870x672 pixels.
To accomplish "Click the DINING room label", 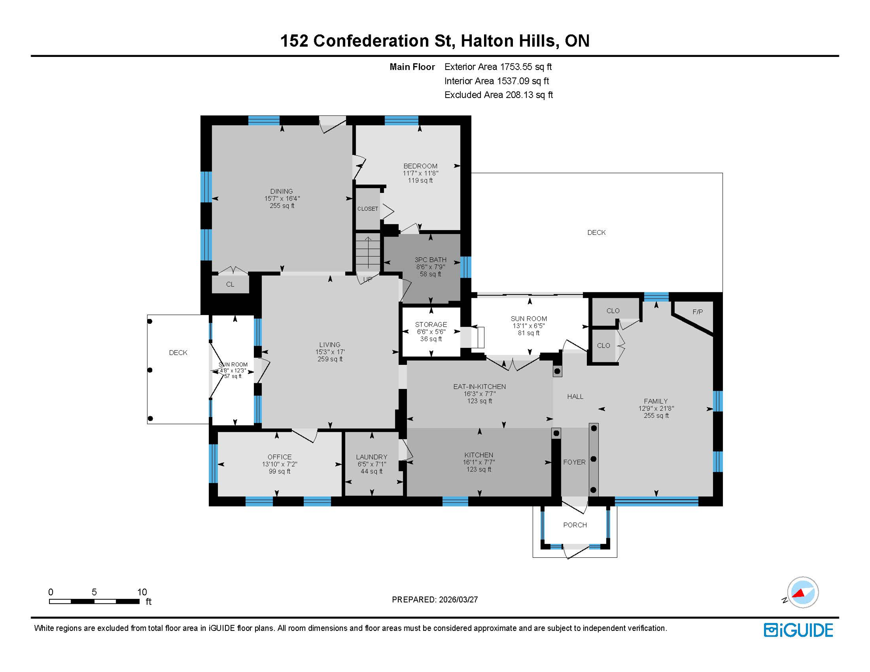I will pos(281,192).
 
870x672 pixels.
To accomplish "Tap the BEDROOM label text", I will pos(420,166).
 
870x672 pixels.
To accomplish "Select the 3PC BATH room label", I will pos(431,260).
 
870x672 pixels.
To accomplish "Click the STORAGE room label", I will pos(431,325).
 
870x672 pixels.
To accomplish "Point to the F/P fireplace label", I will pos(698,312).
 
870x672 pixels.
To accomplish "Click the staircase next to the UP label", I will pos(368,253).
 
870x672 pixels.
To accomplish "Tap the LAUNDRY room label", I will pos(372,457).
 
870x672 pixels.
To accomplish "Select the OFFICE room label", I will pos(280,457).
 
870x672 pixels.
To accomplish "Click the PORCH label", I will pos(575,525).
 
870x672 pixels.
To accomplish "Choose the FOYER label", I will pos(574,462).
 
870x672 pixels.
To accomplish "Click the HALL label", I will pos(575,396).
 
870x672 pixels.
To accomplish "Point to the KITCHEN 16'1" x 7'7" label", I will pos(479,455).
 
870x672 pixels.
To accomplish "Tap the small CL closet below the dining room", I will pos(230,284).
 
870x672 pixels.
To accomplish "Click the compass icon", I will pos(803,592).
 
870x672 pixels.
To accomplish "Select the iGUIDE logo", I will pos(798,630).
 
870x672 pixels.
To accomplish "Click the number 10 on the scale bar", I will pos(142,592).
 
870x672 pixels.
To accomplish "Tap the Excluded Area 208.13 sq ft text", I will pos(498,95).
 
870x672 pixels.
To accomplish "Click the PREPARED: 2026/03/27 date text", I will pos(435,600).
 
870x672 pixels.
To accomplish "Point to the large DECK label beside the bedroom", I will pos(596,233).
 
